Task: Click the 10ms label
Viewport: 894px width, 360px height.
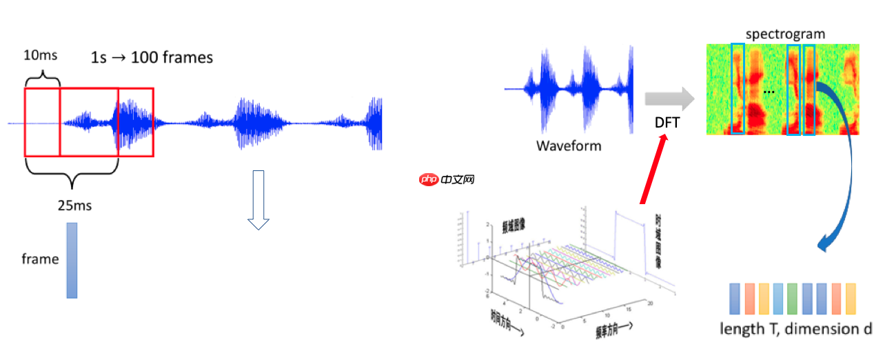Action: coord(41,54)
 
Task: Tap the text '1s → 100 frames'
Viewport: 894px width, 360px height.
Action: coord(152,58)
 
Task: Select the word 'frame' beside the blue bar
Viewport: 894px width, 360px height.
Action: coord(40,259)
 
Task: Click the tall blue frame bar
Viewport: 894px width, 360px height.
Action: coord(72,261)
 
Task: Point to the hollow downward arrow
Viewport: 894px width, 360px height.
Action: coord(258,200)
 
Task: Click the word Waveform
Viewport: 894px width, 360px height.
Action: coord(569,146)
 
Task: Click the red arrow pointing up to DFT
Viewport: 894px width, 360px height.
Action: coord(653,170)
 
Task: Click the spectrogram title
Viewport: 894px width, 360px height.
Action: coord(784,33)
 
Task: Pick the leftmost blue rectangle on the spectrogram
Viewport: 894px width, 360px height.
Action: coord(738,88)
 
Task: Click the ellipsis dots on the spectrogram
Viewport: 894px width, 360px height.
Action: coord(769,91)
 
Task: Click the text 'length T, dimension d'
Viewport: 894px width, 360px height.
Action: coord(795,329)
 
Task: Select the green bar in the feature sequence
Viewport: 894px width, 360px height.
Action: coord(792,298)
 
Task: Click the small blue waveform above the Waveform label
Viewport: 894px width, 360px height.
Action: coord(569,90)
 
